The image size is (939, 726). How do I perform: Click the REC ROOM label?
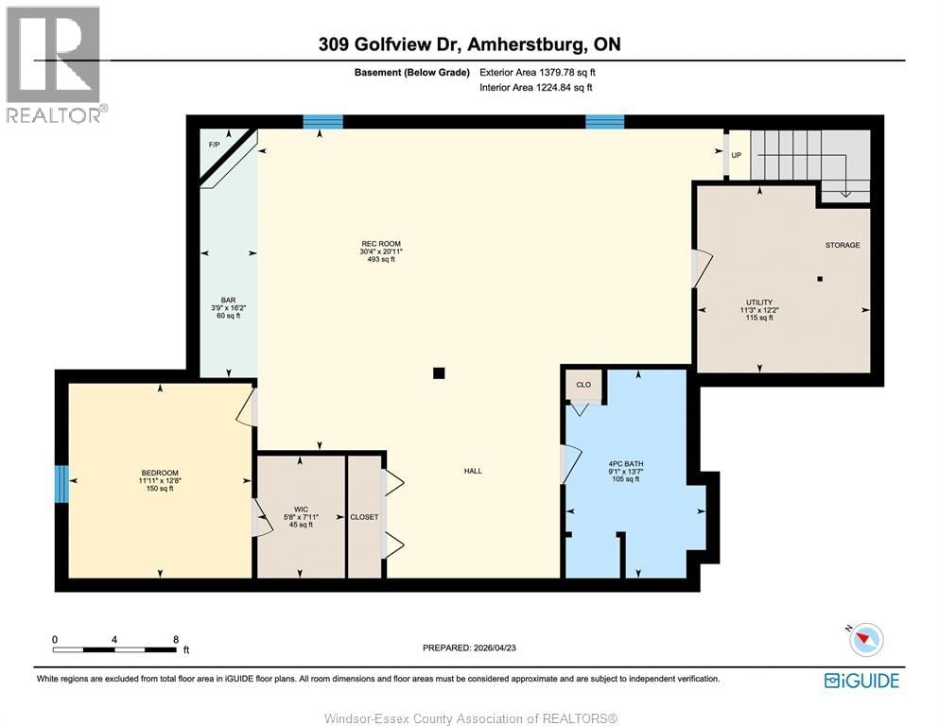tap(380, 244)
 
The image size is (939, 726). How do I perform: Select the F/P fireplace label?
tap(214, 145)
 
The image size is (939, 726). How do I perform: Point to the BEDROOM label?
tap(160, 473)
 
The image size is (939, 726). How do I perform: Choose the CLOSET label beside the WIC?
tap(364, 517)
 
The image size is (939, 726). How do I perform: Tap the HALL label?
tap(473, 471)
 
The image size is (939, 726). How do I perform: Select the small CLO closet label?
tap(583, 385)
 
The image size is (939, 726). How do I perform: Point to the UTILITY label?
tap(757, 301)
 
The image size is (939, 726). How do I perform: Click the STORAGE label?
tap(842, 245)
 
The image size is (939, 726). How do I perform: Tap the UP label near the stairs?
tap(736, 154)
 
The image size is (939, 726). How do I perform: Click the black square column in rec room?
tap(438, 373)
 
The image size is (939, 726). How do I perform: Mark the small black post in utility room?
tap(820, 279)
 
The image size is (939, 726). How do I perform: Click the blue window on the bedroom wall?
tap(62, 484)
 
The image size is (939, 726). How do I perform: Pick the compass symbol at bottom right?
tap(865, 640)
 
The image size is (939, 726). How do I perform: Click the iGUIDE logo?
tap(861, 681)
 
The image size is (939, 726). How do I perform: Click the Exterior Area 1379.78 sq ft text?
tap(537, 72)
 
